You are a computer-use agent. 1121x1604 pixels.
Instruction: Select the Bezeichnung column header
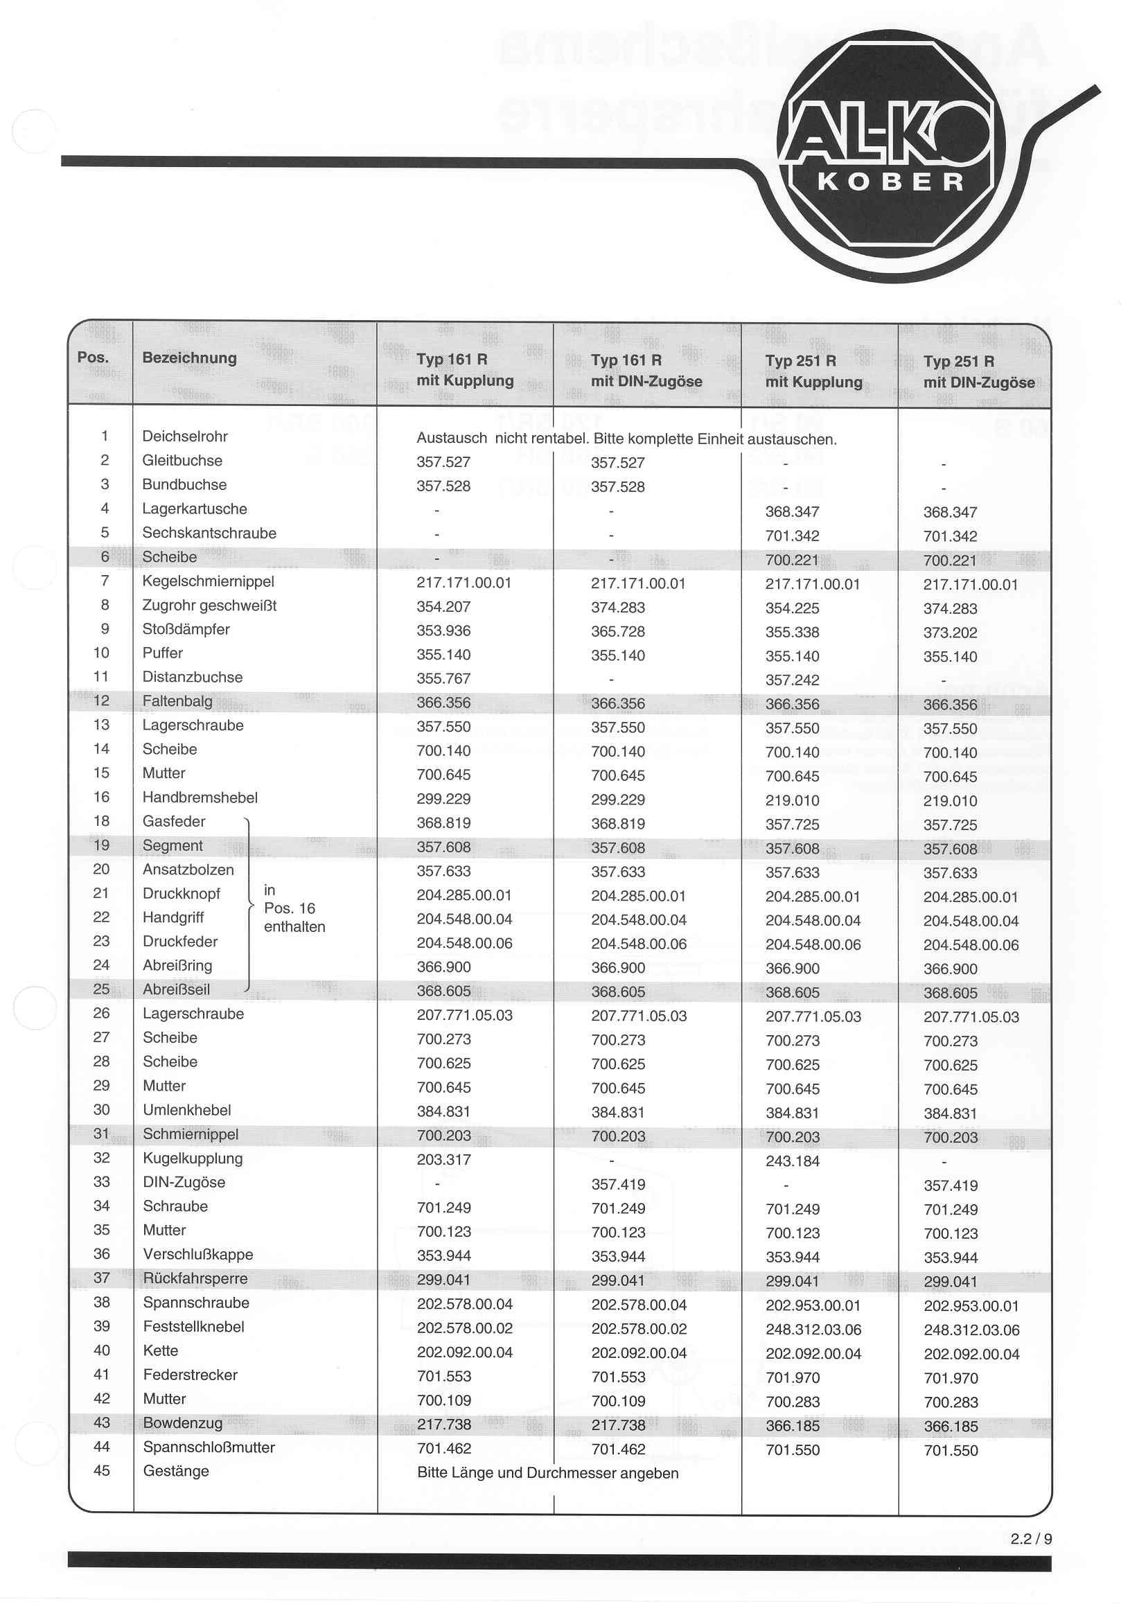pyautogui.click(x=189, y=358)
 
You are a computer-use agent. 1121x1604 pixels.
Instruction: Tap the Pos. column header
pyautogui.click(x=93, y=357)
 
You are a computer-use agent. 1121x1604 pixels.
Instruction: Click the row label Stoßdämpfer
pyautogui.click(x=186, y=628)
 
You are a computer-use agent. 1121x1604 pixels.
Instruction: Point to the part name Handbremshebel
pyautogui.click(x=200, y=797)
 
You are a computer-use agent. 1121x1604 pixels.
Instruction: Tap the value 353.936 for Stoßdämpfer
pyautogui.click(x=443, y=630)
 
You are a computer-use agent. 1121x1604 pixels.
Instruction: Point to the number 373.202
pyautogui.click(x=950, y=632)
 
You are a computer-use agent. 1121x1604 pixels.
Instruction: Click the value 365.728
pyautogui.click(x=617, y=631)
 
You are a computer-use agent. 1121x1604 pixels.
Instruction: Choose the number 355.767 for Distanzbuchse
pyautogui.click(x=443, y=678)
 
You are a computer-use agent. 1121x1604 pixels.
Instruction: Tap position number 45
pyautogui.click(x=102, y=1470)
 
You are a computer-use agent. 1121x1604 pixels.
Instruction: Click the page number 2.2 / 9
pyautogui.click(x=1031, y=1538)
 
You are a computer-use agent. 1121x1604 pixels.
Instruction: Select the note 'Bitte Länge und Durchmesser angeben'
pyautogui.click(x=547, y=1472)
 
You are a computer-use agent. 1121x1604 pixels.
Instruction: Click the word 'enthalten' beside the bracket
pyautogui.click(x=294, y=926)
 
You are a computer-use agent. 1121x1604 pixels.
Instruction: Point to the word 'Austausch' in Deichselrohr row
pyautogui.click(x=451, y=438)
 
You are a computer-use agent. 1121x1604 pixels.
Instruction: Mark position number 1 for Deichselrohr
pyautogui.click(x=105, y=436)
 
